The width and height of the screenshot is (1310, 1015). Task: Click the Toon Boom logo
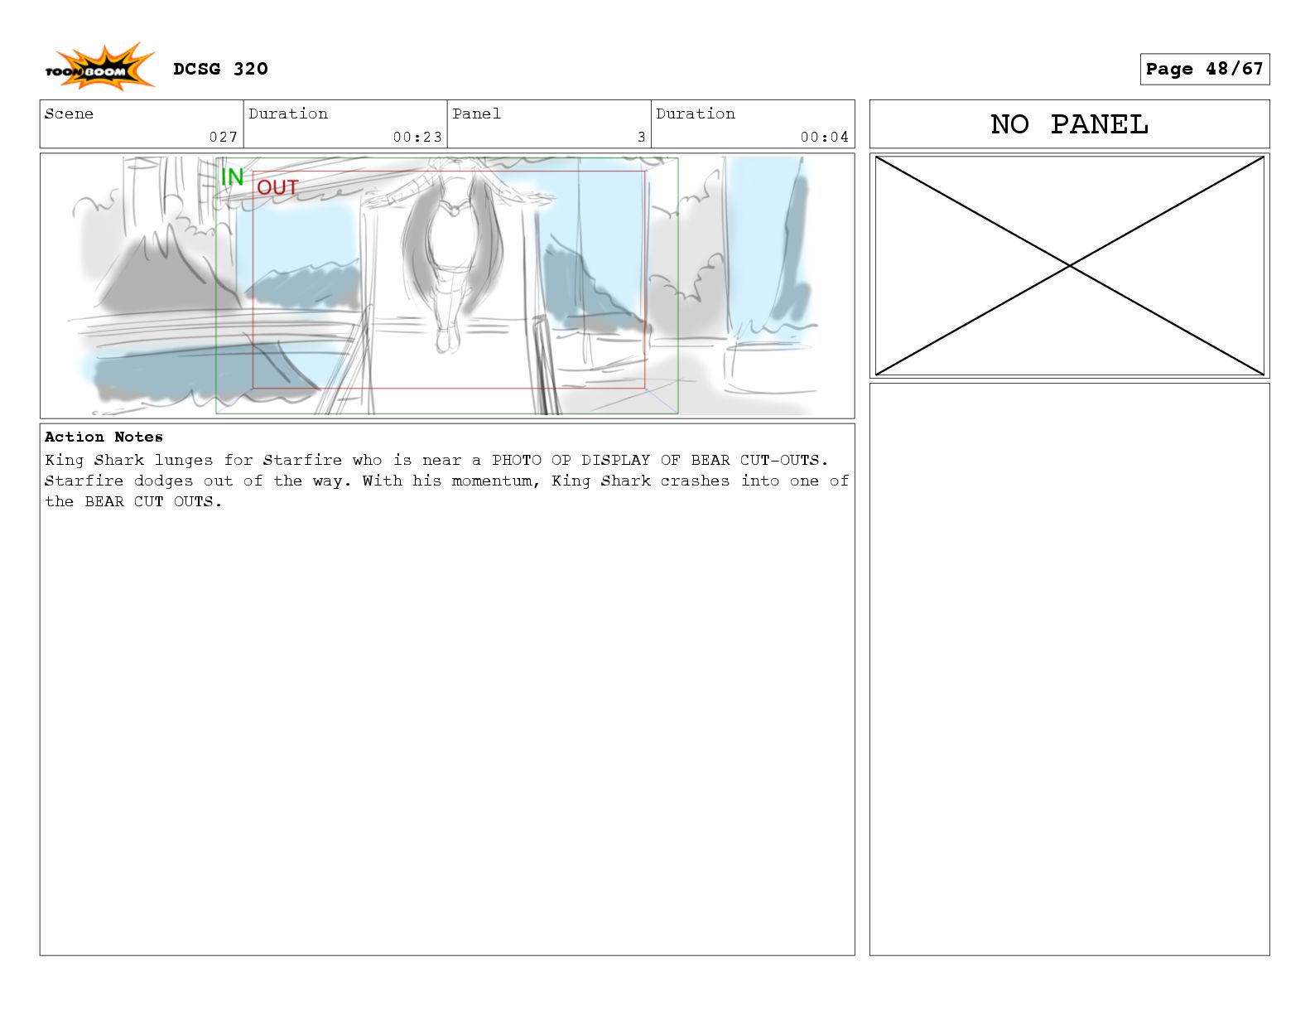(99, 67)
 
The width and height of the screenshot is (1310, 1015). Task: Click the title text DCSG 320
(220, 69)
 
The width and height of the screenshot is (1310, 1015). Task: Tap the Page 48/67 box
(1204, 69)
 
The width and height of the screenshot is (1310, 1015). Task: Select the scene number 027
(223, 137)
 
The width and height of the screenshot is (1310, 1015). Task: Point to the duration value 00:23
(418, 137)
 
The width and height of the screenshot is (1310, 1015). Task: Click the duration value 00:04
(825, 137)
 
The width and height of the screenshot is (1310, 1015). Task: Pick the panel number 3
(642, 137)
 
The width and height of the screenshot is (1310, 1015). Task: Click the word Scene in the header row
(69, 114)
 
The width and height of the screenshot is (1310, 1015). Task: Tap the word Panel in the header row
(476, 114)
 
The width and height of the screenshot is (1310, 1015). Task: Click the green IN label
(232, 176)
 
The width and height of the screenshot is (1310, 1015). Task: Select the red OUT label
(277, 187)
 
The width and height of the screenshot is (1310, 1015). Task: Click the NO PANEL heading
(1069, 124)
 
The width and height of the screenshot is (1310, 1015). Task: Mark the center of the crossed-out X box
(1070, 265)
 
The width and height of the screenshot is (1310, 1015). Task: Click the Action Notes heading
(104, 437)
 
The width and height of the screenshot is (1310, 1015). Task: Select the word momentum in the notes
(492, 481)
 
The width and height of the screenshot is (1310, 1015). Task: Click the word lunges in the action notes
(184, 460)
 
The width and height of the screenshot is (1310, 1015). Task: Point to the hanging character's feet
(446, 340)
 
